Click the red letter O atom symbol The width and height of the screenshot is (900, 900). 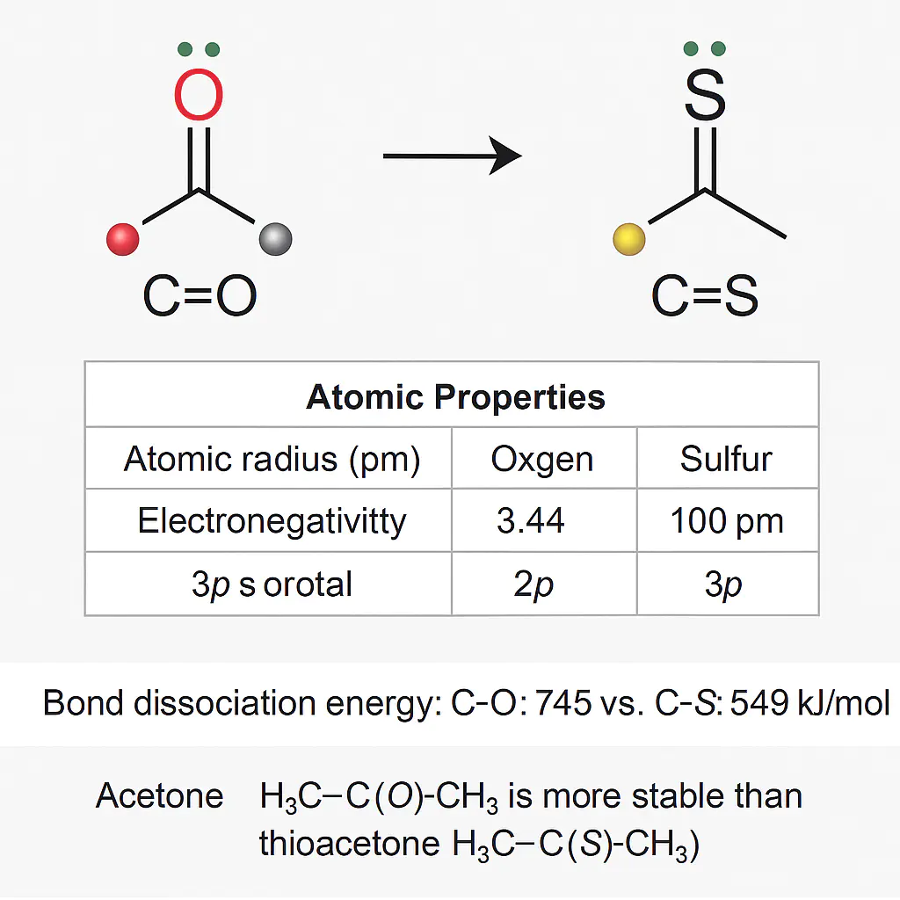[200, 95]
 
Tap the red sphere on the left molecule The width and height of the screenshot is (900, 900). [122, 239]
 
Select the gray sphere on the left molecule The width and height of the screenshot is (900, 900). [275, 238]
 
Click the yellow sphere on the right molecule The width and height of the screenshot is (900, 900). [628, 238]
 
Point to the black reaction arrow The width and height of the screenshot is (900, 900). [452, 157]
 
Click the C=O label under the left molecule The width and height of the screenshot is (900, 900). [200, 297]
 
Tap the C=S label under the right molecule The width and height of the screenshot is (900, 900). [705, 297]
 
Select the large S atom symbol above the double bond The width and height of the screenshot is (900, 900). [705, 95]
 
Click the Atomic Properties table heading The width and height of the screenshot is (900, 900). [455, 397]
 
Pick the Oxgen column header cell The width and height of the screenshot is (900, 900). [542, 460]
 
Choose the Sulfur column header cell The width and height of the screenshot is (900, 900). [726, 460]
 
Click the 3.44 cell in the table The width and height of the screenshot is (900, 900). [530, 521]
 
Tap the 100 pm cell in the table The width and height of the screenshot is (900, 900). [726, 521]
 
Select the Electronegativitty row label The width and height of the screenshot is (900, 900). [272, 521]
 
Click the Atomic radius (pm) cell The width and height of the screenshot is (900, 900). [272, 460]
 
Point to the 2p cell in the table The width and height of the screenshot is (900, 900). [533, 584]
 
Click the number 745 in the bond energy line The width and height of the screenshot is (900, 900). [562, 703]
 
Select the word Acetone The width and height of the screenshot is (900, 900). [160, 796]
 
